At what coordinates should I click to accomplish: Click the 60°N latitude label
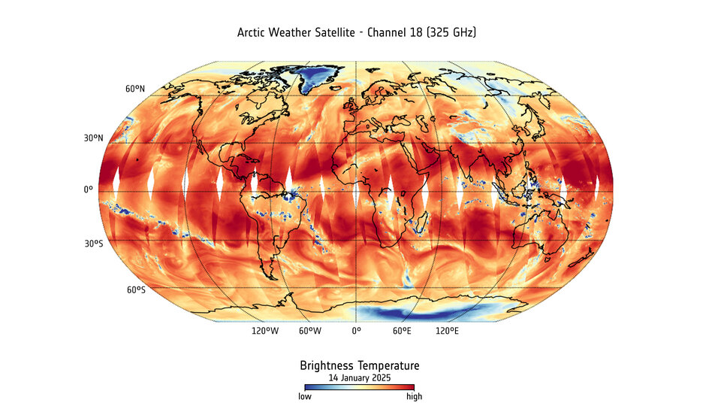click(135, 89)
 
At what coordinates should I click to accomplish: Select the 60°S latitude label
click(135, 290)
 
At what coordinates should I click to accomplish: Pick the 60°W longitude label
click(310, 331)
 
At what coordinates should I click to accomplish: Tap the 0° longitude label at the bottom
click(356, 331)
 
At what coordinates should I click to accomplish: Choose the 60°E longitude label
click(402, 331)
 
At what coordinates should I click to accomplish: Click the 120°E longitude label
click(448, 331)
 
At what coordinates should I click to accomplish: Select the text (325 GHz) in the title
click(450, 33)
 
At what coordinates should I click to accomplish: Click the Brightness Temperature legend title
click(360, 365)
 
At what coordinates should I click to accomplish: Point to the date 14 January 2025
click(360, 377)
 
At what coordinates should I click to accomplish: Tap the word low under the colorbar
click(305, 396)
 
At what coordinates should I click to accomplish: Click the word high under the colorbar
click(414, 396)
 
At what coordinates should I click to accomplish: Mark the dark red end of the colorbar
click(412, 387)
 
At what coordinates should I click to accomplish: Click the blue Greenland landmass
click(319, 75)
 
